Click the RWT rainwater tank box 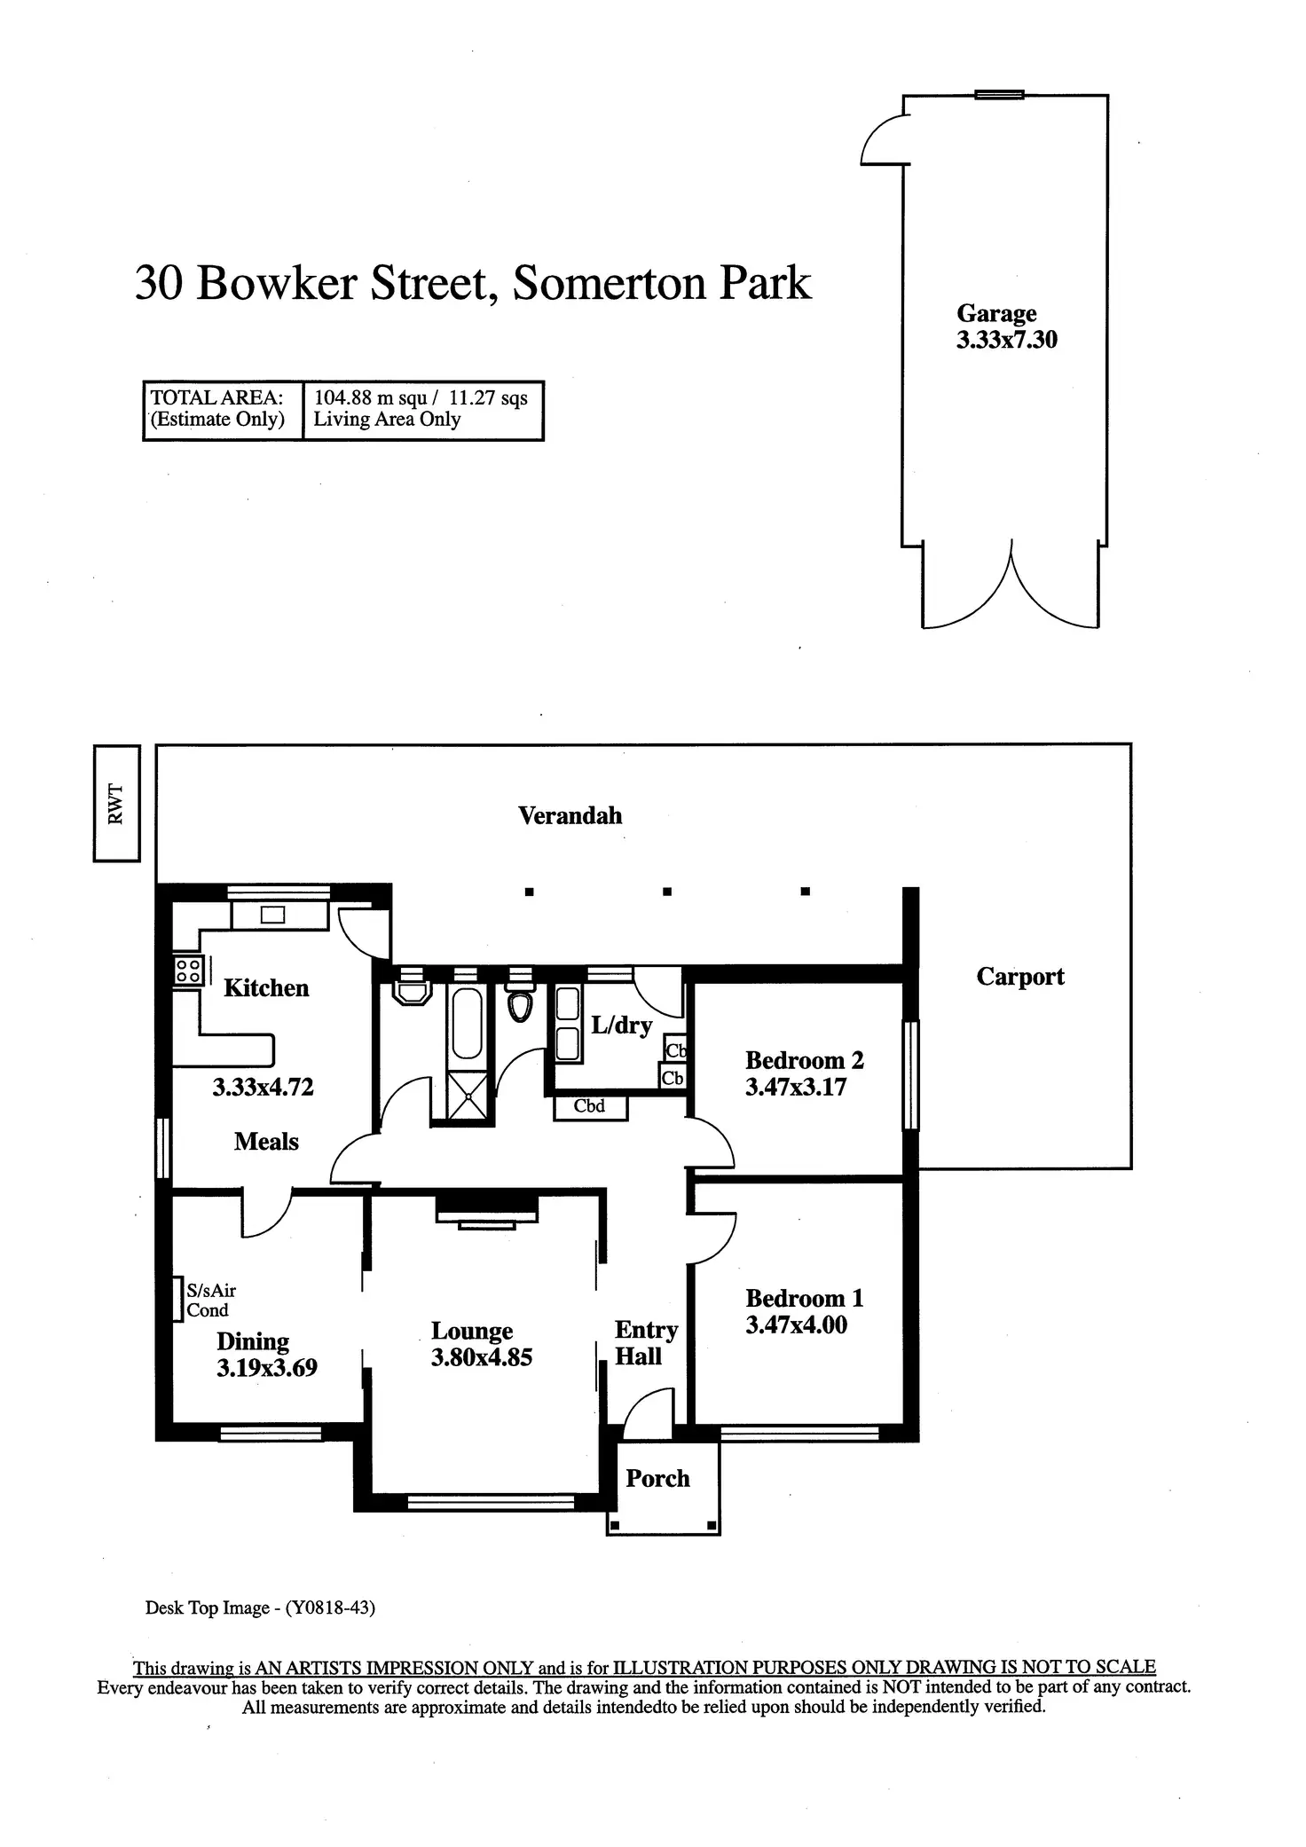pyautogui.click(x=116, y=803)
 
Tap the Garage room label pyautogui.click(x=996, y=313)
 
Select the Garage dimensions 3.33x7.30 pyautogui.click(x=1006, y=340)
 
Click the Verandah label pyautogui.click(x=570, y=815)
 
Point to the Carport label pyautogui.click(x=1020, y=977)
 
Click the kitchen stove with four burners pyautogui.click(x=188, y=970)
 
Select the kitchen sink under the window pyautogui.click(x=272, y=915)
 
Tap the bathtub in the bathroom pyautogui.click(x=467, y=1024)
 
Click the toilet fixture pyautogui.click(x=520, y=1002)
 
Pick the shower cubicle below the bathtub pyautogui.click(x=468, y=1097)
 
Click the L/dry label pyautogui.click(x=621, y=1026)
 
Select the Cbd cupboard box pyautogui.click(x=590, y=1107)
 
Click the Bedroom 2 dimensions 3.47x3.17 pyautogui.click(x=796, y=1087)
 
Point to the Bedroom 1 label pyautogui.click(x=804, y=1298)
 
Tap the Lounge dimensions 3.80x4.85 pyautogui.click(x=482, y=1357)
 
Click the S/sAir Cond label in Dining pyautogui.click(x=210, y=1301)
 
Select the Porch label pyautogui.click(x=657, y=1478)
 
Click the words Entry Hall pyautogui.click(x=646, y=1342)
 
